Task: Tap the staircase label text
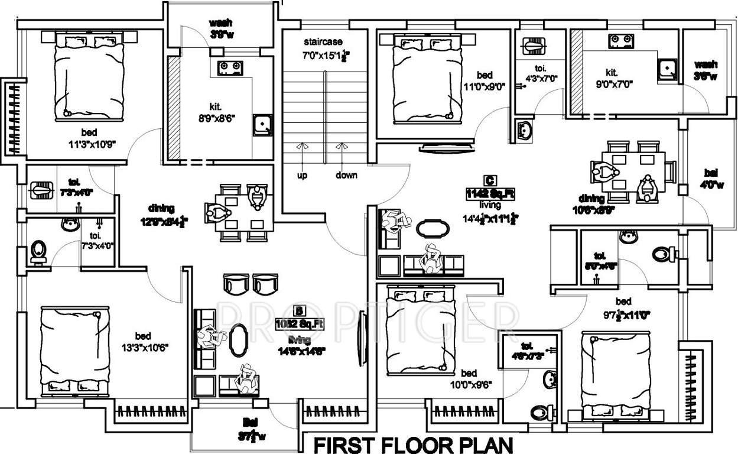point(323,42)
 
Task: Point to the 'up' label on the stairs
point(302,175)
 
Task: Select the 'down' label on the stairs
point(346,175)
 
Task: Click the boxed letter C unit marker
point(488,180)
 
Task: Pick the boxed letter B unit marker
point(300,311)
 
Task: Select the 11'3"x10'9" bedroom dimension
point(90,143)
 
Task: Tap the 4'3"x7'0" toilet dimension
point(542,77)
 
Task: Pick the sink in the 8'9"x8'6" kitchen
point(262,124)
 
